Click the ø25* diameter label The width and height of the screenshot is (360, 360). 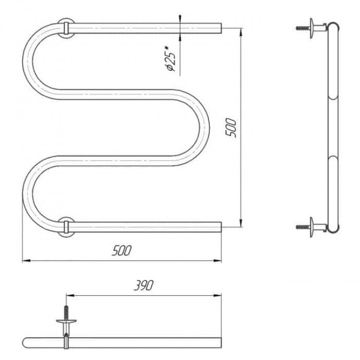(x=170, y=59)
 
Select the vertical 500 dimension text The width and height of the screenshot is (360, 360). (x=231, y=128)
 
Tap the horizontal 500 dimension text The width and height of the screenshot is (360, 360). (x=122, y=251)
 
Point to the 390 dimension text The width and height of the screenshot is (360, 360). (x=144, y=285)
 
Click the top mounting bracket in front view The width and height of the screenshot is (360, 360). (x=66, y=28)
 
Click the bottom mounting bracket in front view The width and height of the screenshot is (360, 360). (x=66, y=227)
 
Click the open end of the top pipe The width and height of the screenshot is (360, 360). (x=221, y=28)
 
